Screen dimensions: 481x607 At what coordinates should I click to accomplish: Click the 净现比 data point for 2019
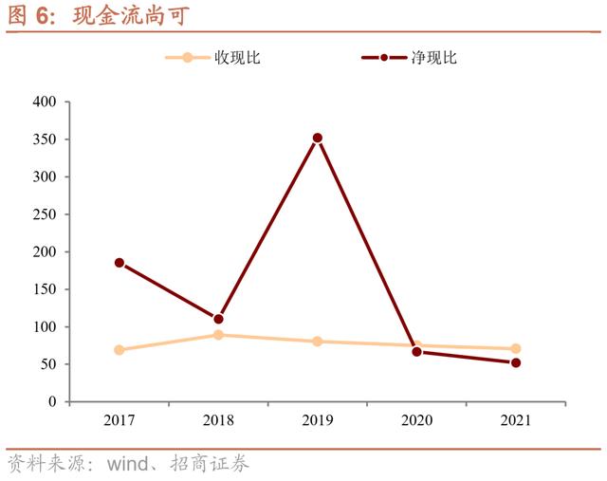tap(318, 138)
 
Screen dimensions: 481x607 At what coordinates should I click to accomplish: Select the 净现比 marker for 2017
tap(120, 263)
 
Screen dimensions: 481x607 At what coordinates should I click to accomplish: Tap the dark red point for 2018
tap(218, 319)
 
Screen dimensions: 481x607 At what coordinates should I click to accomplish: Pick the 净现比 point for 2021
tap(516, 362)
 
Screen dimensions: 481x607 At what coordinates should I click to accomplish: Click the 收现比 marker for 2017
tap(120, 350)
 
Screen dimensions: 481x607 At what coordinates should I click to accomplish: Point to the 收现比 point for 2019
tap(318, 341)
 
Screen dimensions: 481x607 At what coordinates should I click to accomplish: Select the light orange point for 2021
tap(516, 348)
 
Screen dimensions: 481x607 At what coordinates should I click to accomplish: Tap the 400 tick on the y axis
tap(45, 102)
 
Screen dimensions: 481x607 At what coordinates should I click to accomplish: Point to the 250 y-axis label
tap(45, 214)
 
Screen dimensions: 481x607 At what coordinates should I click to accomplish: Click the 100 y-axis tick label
tap(45, 327)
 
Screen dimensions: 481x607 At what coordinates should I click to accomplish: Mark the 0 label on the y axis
tap(52, 402)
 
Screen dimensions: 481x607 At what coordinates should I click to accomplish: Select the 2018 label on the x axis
tap(218, 419)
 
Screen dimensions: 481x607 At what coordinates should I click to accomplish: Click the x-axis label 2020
tap(416, 419)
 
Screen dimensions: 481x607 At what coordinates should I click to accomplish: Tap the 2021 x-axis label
tap(516, 419)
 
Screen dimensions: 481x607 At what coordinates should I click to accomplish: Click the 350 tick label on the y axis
tap(45, 139)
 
